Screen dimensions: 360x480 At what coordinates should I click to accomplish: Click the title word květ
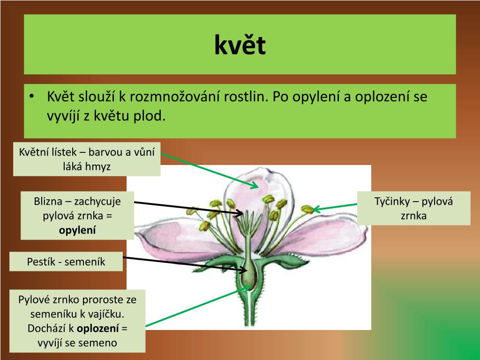(x=240, y=45)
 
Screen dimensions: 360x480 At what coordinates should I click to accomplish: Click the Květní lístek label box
(x=87, y=159)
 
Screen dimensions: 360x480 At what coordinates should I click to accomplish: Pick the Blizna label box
(x=77, y=215)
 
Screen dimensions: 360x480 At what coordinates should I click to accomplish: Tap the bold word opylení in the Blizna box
(x=77, y=230)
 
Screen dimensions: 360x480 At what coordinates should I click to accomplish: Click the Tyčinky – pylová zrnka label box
(x=414, y=209)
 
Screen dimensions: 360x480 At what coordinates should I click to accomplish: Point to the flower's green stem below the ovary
(x=247, y=312)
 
